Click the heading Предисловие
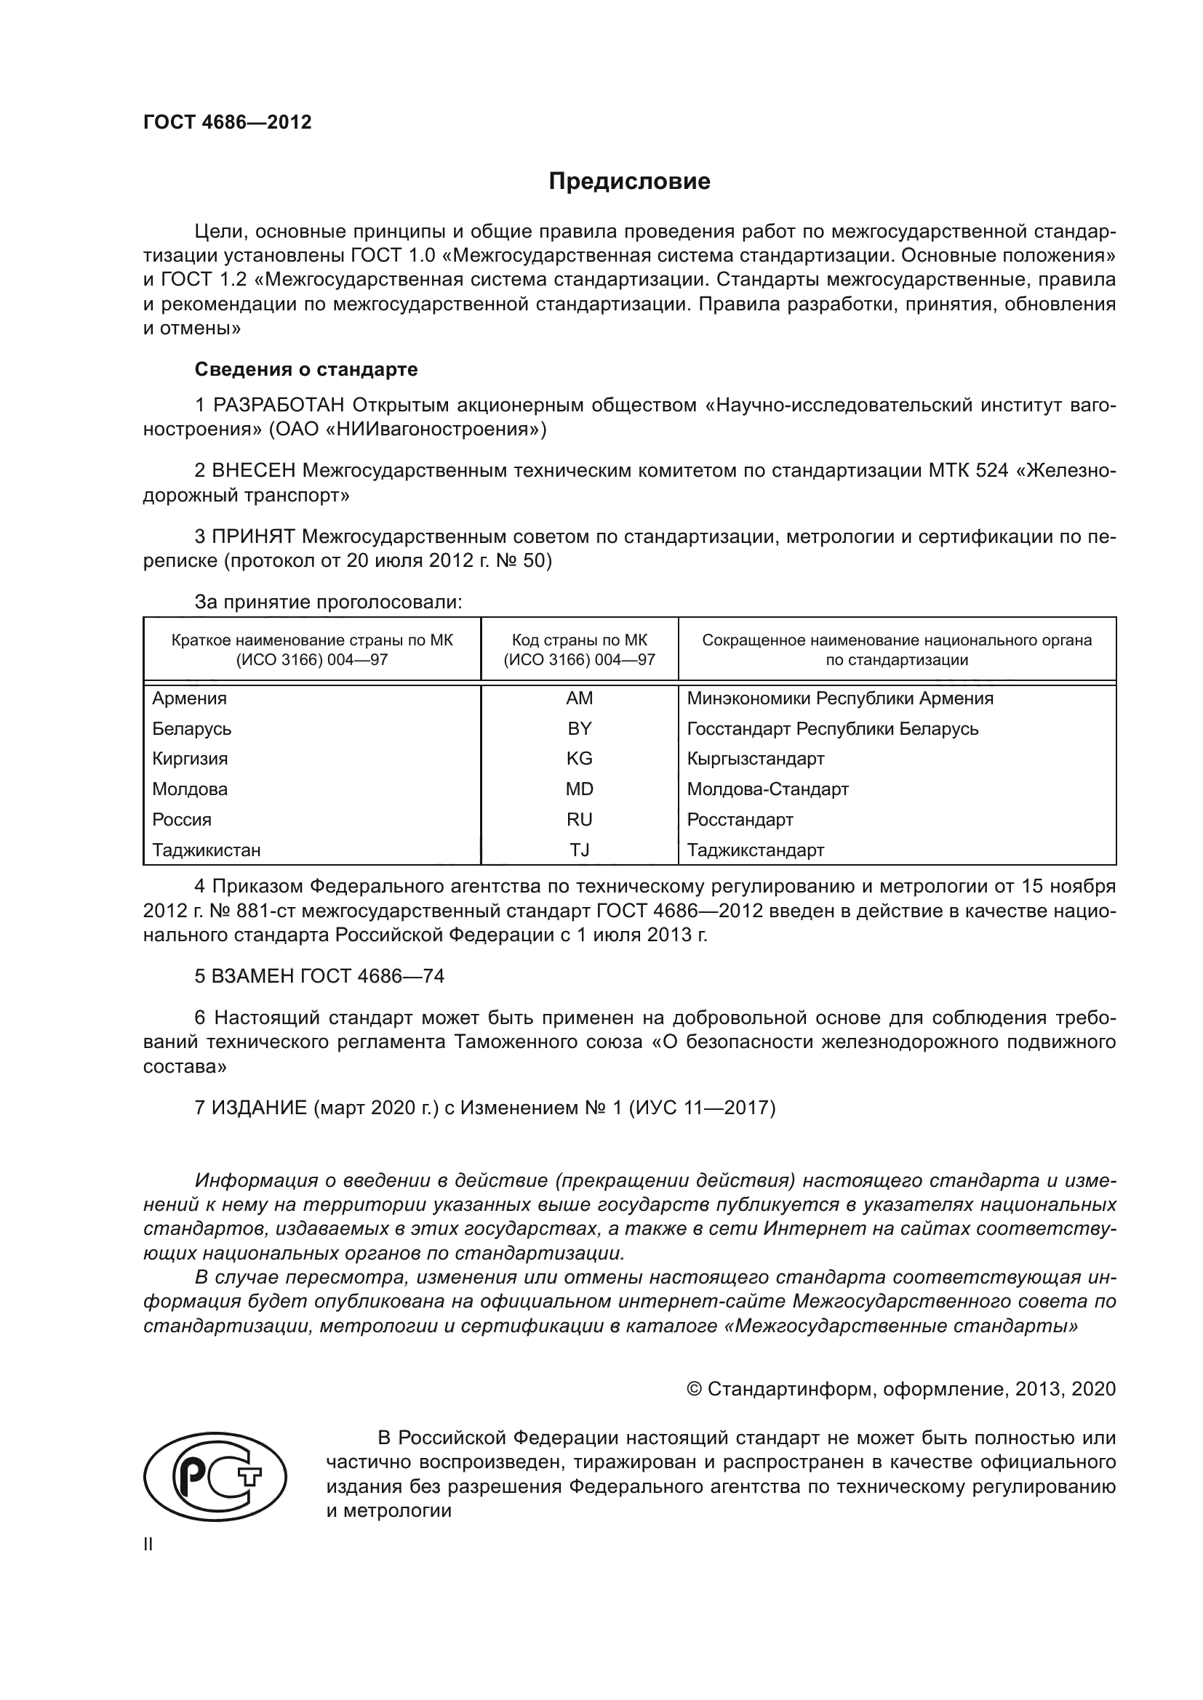pos(629,182)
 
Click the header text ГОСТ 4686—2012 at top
pos(228,123)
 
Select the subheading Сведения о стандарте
pos(306,368)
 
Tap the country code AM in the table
pos(579,698)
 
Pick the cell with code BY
pos(579,728)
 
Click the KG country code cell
pos(579,759)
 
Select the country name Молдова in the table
pos(190,789)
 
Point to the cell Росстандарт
pos(739,820)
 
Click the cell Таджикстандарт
pos(755,850)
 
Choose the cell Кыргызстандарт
pos(755,759)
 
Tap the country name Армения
pos(190,698)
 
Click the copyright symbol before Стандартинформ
pos(694,1389)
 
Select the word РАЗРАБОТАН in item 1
pos(279,405)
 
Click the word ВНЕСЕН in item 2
pos(253,471)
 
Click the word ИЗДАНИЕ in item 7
pos(259,1108)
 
